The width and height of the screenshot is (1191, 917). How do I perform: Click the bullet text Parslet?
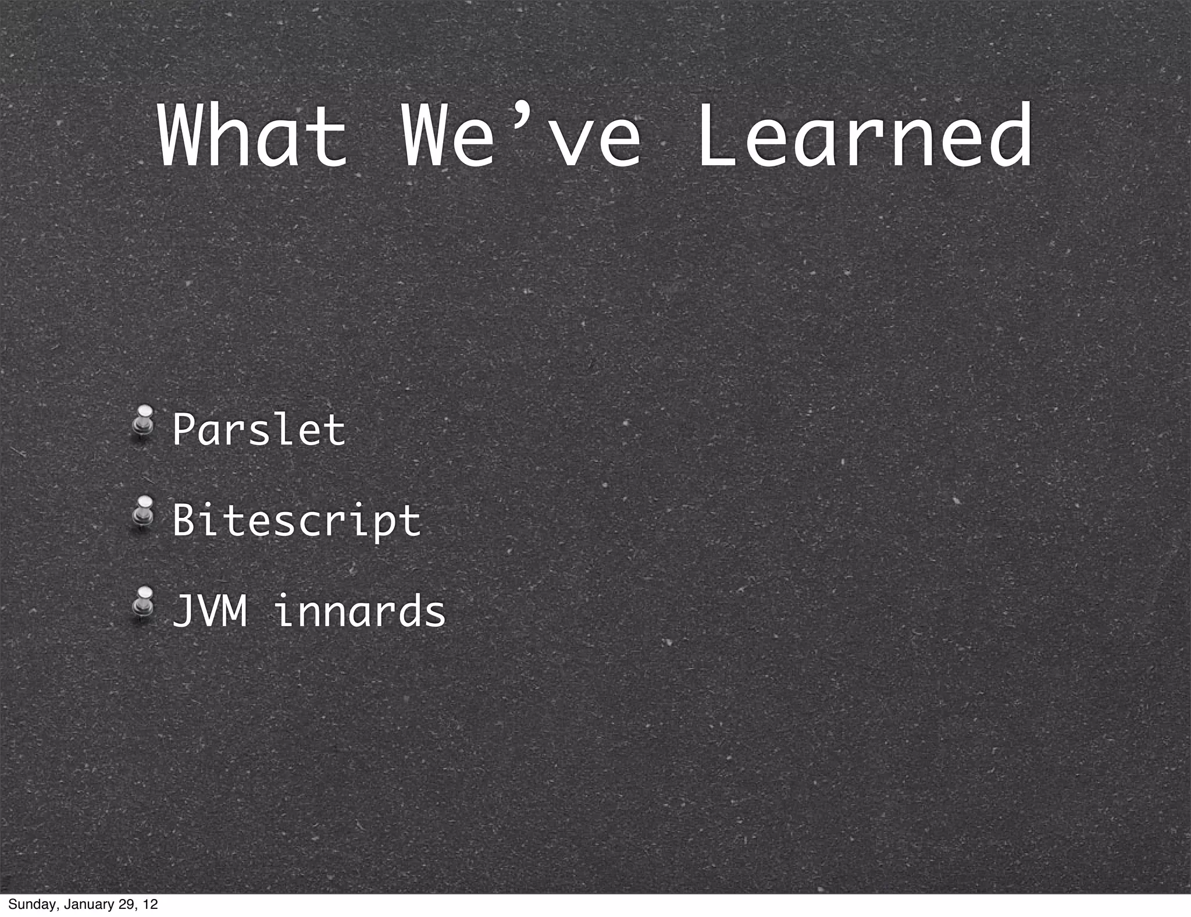[259, 431]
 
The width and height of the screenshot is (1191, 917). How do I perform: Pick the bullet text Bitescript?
[297, 521]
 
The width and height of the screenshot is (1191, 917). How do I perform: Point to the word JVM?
[210, 612]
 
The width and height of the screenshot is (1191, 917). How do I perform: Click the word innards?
[360, 612]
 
